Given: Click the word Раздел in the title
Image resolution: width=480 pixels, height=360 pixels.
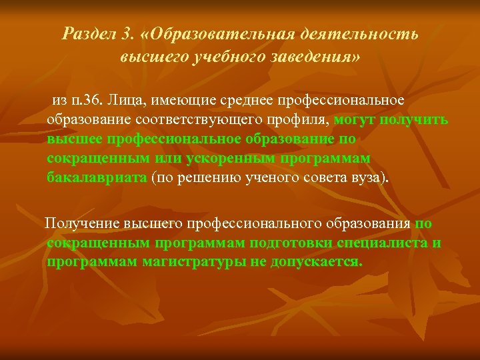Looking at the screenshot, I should point(85,34).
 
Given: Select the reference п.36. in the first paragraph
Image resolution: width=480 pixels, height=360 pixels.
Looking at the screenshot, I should point(87,101).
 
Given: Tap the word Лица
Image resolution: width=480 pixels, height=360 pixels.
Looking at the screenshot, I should point(128,101).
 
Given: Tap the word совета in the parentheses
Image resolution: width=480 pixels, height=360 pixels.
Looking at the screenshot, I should point(316,179).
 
